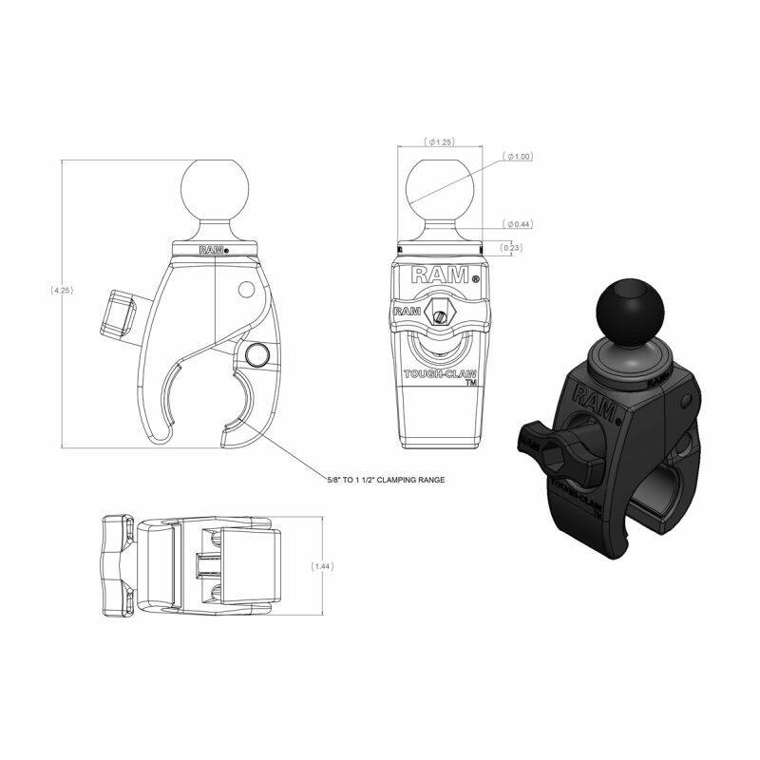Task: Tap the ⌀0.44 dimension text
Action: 519,224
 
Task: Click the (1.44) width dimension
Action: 324,564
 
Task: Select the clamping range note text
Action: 385,480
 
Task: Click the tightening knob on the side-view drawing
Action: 119,312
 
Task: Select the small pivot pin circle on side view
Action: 247,288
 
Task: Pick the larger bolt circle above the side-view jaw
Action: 257,355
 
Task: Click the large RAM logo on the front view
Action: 440,275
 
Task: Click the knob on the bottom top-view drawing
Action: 116,565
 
